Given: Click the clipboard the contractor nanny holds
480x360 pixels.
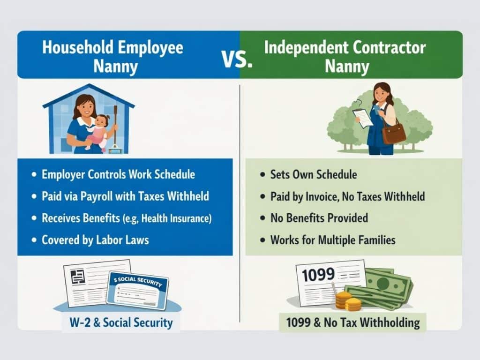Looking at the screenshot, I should tap(363, 117).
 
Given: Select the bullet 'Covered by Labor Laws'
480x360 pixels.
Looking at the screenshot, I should tap(95, 240).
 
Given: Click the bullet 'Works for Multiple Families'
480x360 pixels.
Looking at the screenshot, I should tap(333, 240).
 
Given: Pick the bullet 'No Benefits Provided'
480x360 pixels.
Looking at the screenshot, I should tap(319, 218).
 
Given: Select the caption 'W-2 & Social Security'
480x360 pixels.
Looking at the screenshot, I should tap(121, 322).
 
